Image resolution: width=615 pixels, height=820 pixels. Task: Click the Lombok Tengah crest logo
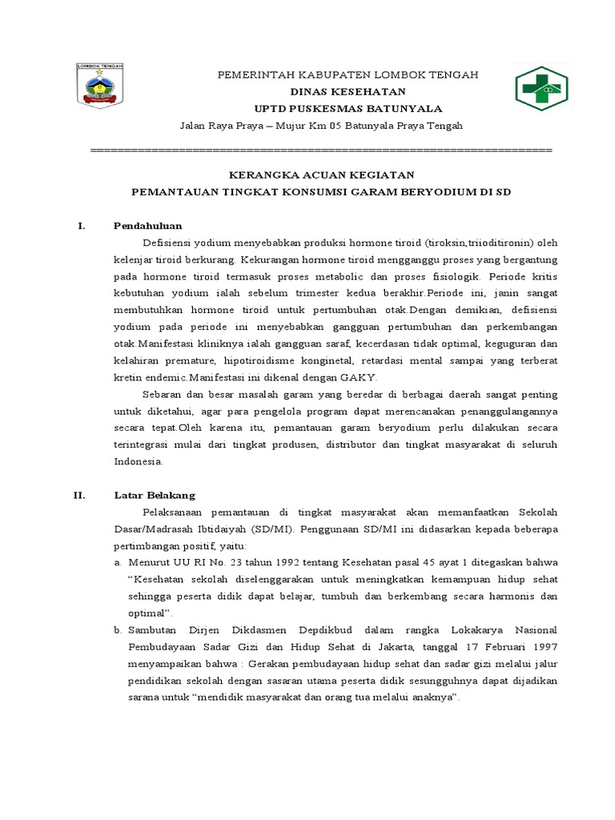(x=100, y=86)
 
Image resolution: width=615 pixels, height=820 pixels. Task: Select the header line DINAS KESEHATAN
(x=348, y=92)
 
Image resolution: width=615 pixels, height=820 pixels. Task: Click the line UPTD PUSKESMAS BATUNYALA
(x=348, y=109)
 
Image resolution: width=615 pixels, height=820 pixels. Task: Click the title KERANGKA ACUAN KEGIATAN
(x=321, y=175)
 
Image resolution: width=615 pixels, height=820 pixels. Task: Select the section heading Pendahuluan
(x=148, y=227)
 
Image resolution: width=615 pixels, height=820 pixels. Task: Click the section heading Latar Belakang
(x=155, y=496)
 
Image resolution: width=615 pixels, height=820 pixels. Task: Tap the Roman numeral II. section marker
(x=80, y=496)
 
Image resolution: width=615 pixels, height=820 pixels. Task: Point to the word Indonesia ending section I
(x=139, y=462)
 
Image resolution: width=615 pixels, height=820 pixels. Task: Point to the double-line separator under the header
(x=321, y=151)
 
